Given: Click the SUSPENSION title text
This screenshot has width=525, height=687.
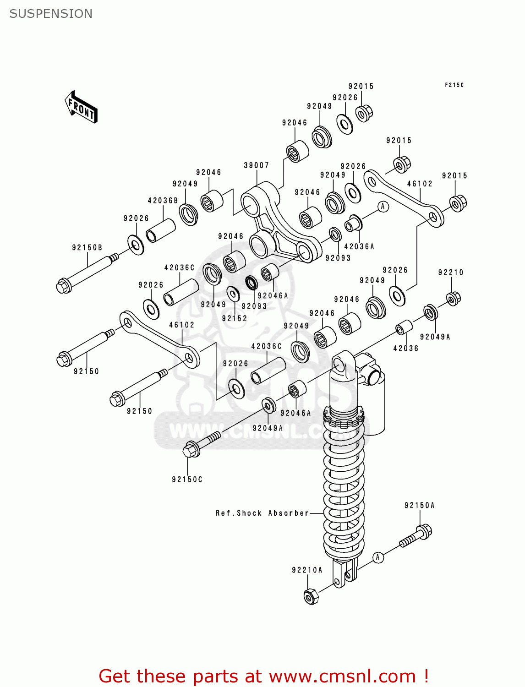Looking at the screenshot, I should coord(51,14).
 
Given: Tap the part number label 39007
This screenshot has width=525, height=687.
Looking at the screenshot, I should coord(256,165).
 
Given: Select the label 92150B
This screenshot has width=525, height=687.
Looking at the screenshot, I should coord(87,248).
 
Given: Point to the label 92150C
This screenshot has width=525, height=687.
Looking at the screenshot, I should coord(187,480).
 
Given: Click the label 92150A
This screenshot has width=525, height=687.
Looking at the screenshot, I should coord(419,506).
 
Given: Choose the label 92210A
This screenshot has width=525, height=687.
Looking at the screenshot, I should coord(307,570).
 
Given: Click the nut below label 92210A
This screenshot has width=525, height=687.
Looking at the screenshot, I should coord(311,596).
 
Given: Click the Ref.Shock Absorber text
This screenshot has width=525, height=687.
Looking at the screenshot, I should coord(262,513).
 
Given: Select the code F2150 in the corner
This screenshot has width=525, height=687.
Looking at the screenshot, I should coord(454,85).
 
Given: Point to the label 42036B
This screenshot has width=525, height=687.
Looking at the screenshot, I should coord(163,201).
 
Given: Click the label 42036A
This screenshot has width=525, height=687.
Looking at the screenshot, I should coord(359,246).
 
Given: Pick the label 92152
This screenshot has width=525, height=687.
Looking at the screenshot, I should coord(235,318).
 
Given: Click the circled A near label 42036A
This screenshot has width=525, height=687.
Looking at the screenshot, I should coord(383,207).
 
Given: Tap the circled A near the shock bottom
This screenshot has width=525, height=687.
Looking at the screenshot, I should coord(377,557).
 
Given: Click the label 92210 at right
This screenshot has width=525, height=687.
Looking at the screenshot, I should coord(451,273).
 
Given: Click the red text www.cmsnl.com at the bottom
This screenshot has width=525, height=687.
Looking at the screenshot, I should coord(342,676).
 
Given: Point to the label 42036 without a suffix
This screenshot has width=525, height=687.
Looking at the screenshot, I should coord(406,349).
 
